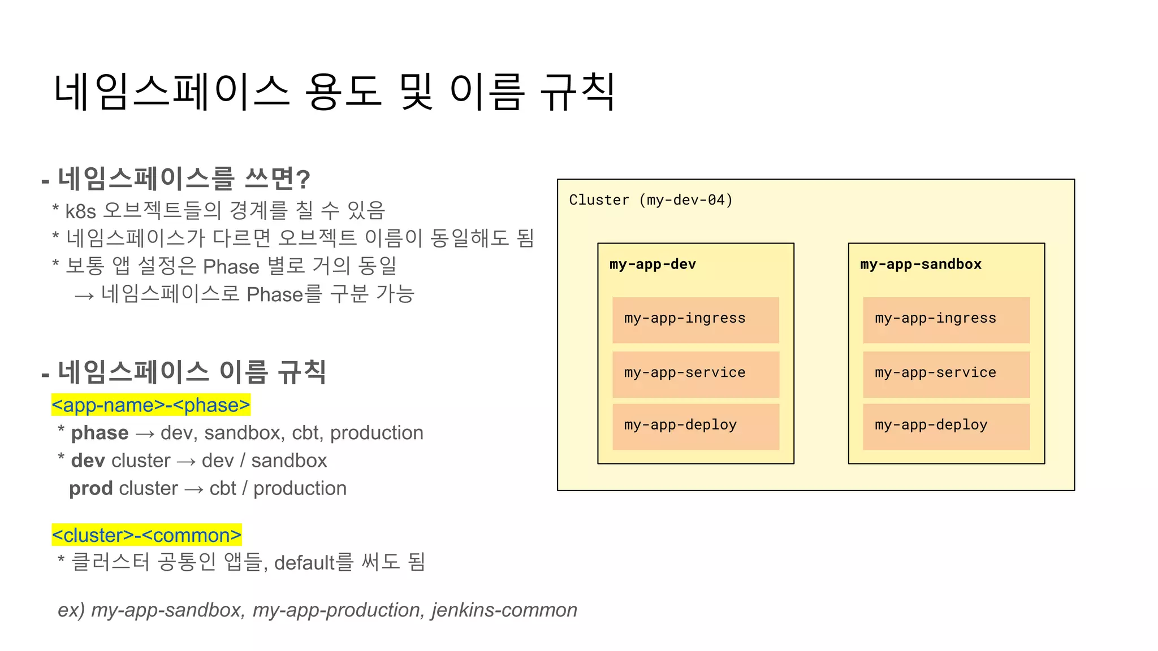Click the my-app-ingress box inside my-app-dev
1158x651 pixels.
click(695, 319)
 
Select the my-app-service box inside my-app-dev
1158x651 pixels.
click(695, 374)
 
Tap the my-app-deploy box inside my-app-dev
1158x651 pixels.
click(695, 426)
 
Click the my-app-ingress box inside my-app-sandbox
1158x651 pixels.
click(946, 319)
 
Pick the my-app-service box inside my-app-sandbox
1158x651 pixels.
click(946, 374)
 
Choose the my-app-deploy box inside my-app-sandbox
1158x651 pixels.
click(946, 426)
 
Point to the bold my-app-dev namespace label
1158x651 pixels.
click(653, 264)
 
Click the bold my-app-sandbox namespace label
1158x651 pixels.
click(921, 264)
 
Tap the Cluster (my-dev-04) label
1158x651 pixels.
click(650, 200)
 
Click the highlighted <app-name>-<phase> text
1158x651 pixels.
click(150, 405)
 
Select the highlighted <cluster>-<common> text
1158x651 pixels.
click(146, 535)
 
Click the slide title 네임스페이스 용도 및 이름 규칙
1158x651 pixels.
click(334, 92)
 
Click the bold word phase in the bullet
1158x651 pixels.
click(100, 433)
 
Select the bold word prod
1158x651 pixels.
click(90, 488)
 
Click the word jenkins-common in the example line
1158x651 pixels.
click(504, 610)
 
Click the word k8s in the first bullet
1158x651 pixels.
click(80, 211)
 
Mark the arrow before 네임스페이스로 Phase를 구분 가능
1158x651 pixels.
click(84, 296)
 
